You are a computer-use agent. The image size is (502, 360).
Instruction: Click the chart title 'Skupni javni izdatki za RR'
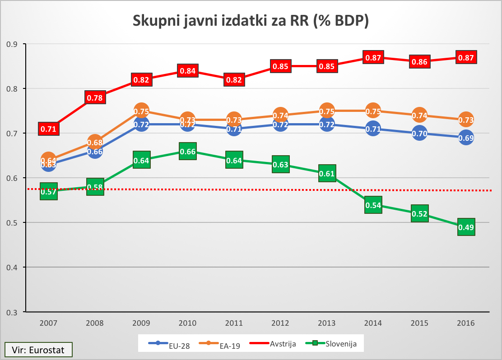coord(251,21)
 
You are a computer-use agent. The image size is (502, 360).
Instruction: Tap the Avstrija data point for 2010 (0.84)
coord(187,71)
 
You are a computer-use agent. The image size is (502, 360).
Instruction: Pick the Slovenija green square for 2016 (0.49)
coord(466,227)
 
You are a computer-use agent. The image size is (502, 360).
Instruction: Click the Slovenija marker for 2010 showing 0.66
coord(187,152)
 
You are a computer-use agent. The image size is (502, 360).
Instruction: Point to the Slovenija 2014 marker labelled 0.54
coord(373,205)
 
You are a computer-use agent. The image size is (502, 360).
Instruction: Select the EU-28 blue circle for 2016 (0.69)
coord(466,138)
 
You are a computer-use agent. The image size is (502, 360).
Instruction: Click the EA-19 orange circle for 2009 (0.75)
coord(141,111)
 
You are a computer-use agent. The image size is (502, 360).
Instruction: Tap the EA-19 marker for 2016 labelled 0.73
coord(466,120)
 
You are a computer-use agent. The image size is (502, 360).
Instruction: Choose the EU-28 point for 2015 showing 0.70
coord(419,134)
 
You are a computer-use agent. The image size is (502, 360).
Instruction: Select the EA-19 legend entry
coord(220,345)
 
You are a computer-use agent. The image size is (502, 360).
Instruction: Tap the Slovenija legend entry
coord(332,344)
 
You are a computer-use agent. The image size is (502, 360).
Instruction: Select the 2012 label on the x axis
coord(280,323)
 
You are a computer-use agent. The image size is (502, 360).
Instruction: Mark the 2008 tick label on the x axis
coord(94,323)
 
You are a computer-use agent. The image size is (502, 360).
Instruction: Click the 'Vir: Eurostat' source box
coord(38,349)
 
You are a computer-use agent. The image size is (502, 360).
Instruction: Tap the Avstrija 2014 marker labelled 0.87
coord(373,57)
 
